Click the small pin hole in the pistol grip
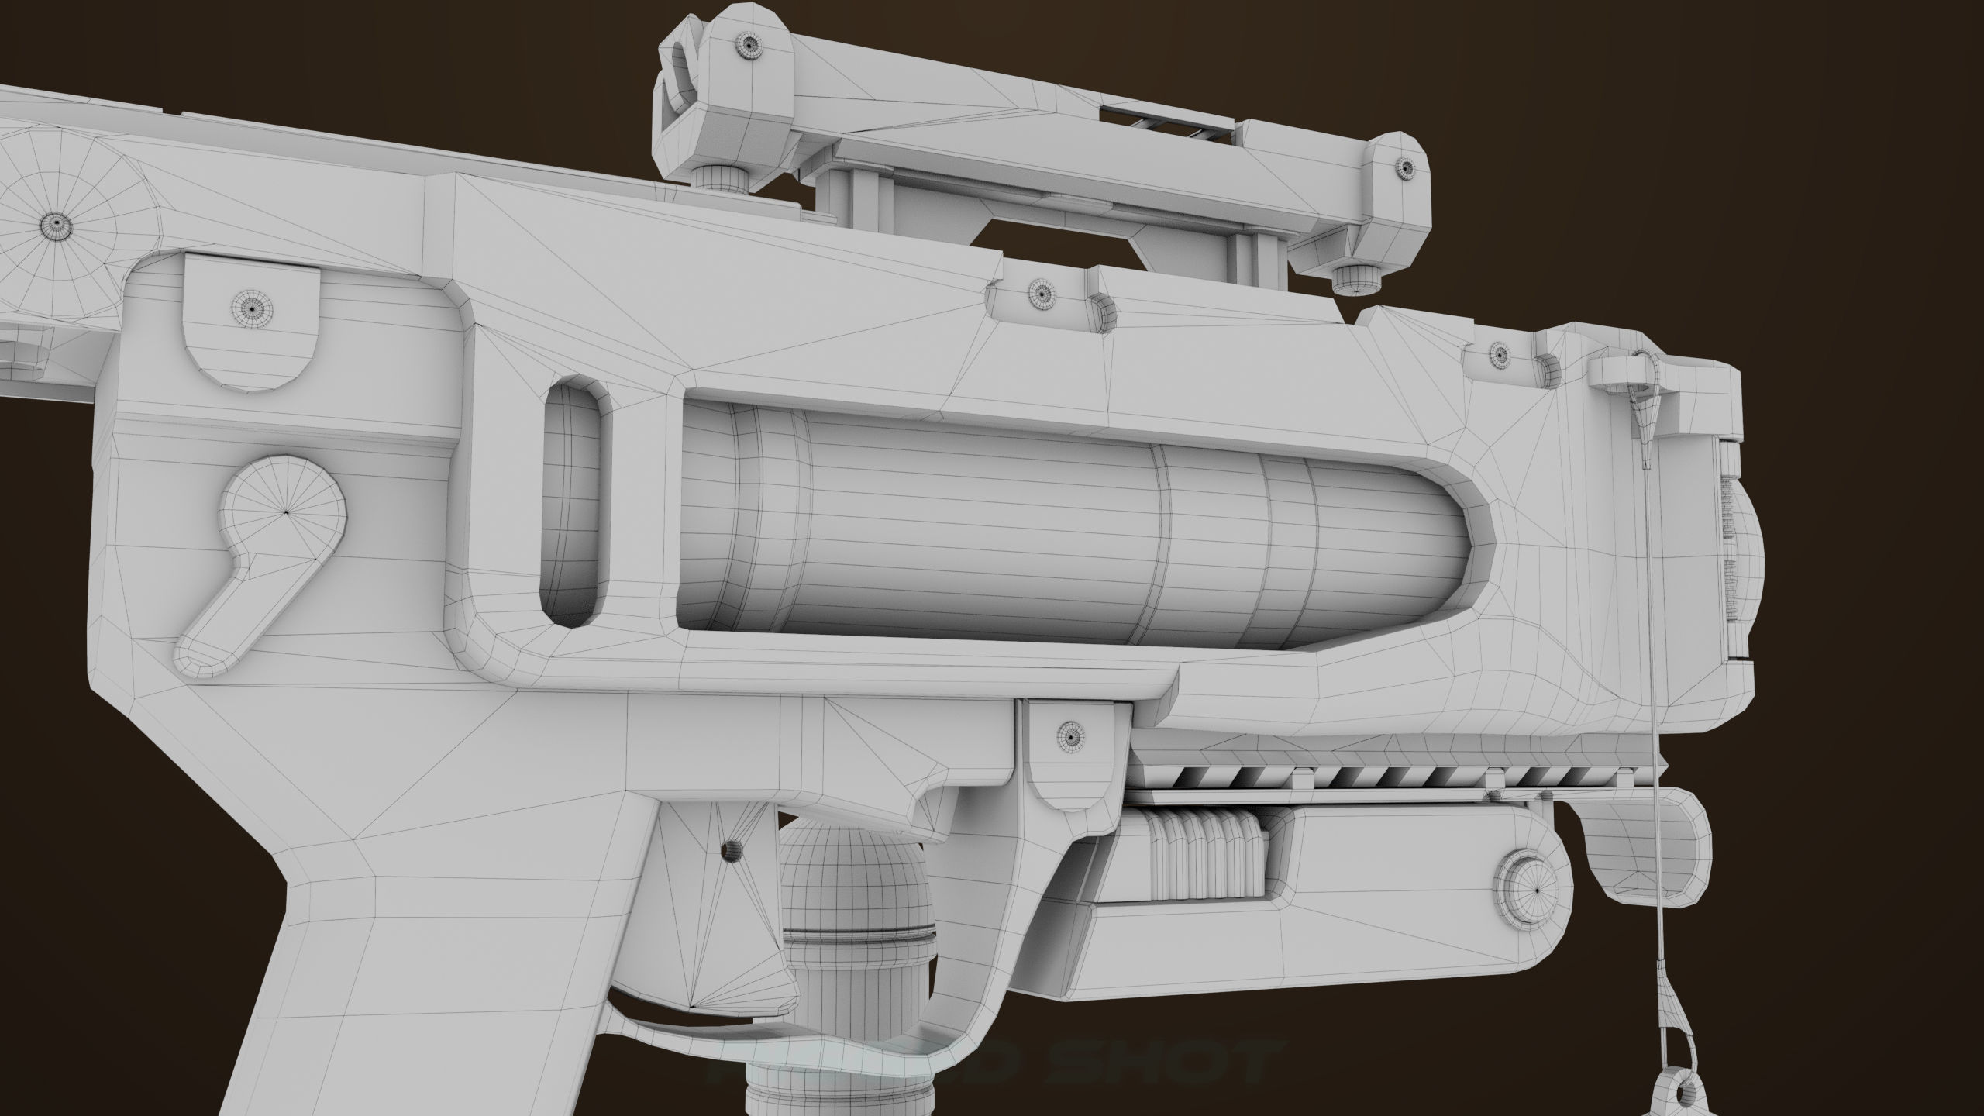(x=730, y=852)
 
